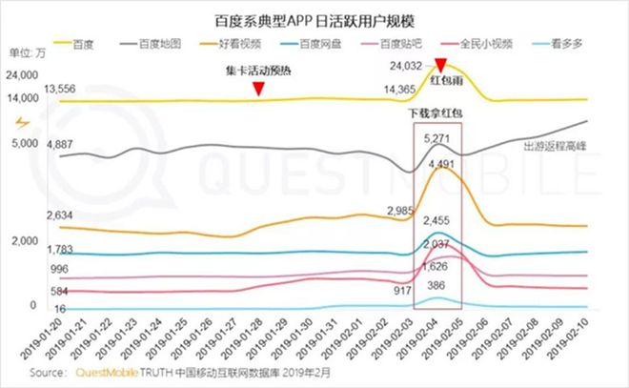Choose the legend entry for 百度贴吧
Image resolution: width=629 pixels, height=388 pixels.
coord(394,44)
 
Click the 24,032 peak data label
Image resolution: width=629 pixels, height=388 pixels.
coord(405,67)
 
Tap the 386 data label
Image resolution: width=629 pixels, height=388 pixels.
coord(437,285)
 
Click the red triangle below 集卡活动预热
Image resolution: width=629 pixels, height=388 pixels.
coord(258,90)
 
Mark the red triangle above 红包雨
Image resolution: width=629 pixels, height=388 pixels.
coord(439,65)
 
